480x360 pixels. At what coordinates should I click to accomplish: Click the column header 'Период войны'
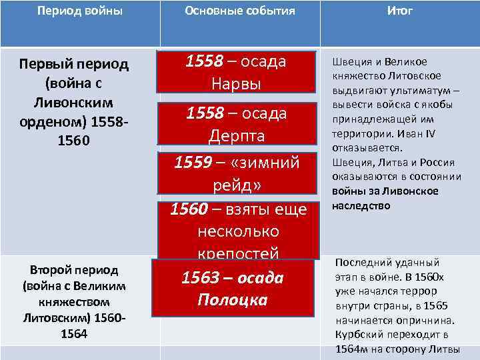point(80,11)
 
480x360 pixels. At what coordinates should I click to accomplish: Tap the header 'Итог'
point(399,11)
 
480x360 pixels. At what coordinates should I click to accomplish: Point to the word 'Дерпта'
point(236,136)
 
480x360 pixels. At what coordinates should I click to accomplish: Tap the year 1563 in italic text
point(203,278)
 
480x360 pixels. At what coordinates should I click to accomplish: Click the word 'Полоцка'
point(233,300)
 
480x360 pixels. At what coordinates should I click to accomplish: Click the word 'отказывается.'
point(367,149)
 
